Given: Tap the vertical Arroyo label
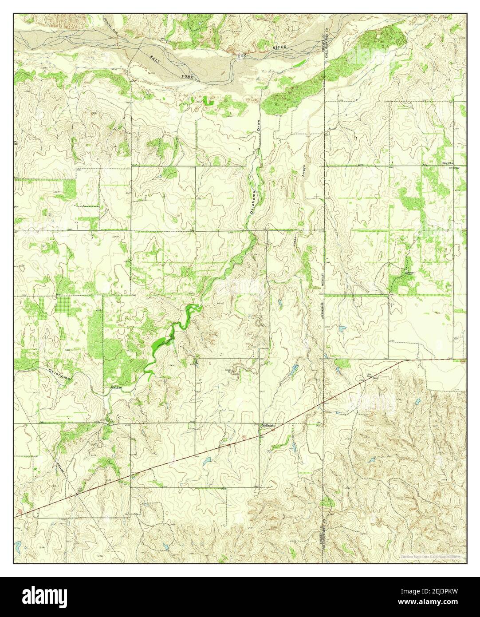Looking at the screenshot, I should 304,170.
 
